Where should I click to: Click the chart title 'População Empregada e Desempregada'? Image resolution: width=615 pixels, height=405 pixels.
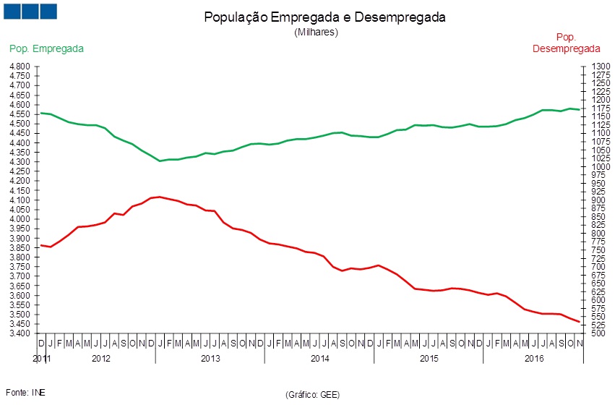(x=324, y=17)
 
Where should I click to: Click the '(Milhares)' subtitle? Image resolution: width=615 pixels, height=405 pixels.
(x=316, y=32)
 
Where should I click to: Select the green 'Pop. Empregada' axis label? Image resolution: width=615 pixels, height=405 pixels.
(x=46, y=48)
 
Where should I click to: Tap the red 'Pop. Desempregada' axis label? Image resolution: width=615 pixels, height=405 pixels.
(x=567, y=43)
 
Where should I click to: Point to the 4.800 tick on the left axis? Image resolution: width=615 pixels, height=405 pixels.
(x=20, y=67)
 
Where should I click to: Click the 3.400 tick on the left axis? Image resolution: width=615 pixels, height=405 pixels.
(x=20, y=333)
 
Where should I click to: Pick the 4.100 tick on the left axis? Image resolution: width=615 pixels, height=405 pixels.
(x=20, y=200)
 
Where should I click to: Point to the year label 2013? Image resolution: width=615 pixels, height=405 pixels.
(x=210, y=358)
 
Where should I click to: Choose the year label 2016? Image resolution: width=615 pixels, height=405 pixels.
(x=534, y=358)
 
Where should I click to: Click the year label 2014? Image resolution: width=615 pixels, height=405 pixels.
(x=320, y=358)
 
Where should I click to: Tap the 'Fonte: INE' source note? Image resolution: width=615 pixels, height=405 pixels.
(x=26, y=393)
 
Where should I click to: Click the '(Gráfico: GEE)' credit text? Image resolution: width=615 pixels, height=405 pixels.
(x=313, y=394)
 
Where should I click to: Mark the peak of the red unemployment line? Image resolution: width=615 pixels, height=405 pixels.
(x=160, y=196)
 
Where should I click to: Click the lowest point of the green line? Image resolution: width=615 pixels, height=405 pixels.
(x=160, y=161)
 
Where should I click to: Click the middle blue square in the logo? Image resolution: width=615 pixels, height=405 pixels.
(x=30, y=12)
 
